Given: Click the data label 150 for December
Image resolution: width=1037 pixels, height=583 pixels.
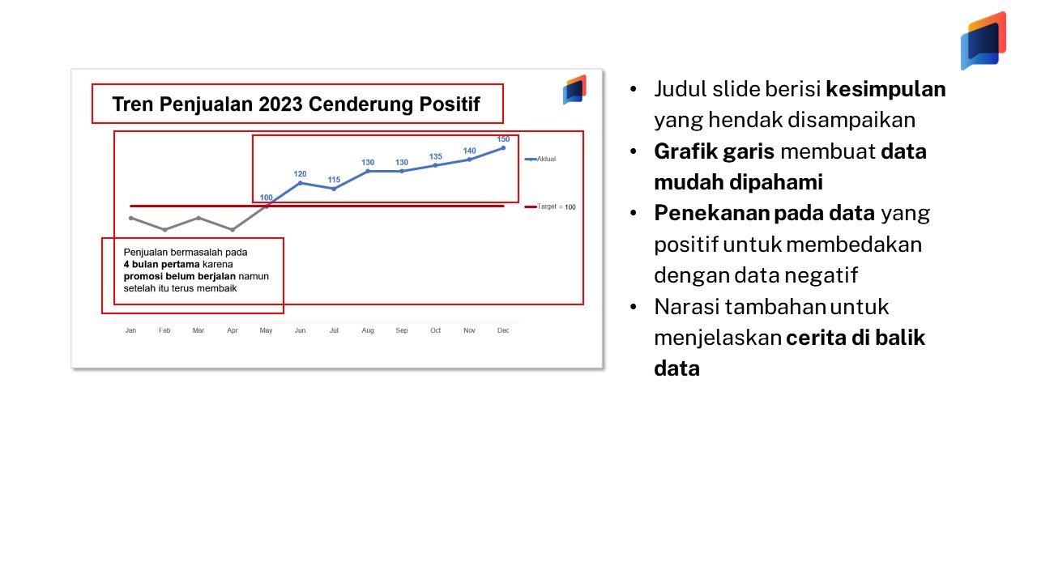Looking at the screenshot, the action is click(x=503, y=138).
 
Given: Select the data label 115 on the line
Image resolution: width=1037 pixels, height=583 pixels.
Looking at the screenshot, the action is click(x=334, y=180).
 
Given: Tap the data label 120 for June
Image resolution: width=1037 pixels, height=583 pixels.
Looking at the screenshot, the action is click(x=300, y=174).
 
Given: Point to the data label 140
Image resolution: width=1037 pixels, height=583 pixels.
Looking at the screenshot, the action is click(x=469, y=151).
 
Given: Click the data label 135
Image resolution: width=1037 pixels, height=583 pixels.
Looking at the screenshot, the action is click(x=436, y=156).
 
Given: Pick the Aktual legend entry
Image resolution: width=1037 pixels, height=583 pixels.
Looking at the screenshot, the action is click(x=540, y=159).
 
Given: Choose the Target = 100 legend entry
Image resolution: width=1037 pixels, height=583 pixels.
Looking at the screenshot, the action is click(x=550, y=206).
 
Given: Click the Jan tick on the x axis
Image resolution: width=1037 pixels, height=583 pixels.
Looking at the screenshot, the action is click(x=130, y=330).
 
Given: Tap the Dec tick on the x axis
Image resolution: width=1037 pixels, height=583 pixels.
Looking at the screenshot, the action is click(x=503, y=330).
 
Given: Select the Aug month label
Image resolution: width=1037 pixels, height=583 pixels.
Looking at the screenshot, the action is click(x=368, y=330).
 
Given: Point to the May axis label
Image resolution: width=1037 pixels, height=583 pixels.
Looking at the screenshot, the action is click(x=267, y=330).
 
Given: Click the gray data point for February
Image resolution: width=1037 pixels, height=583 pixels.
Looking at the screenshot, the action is click(x=164, y=229).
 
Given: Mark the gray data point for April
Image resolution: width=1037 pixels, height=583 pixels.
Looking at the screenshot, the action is click(x=233, y=229).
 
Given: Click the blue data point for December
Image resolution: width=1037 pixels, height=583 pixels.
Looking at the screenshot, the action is click(x=503, y=148).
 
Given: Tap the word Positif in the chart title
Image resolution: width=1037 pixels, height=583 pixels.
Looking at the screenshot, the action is click(x=450, y=104).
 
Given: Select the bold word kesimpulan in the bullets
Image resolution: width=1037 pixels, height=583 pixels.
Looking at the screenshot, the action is click(x=886, y=89).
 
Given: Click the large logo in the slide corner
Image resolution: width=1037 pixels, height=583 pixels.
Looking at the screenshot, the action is click(x=984, y=40).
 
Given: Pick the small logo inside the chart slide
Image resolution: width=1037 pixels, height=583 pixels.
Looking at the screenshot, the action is click(x=574, y=90).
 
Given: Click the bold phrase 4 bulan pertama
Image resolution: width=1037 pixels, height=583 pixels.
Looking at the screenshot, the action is click(x=161, y=264).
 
